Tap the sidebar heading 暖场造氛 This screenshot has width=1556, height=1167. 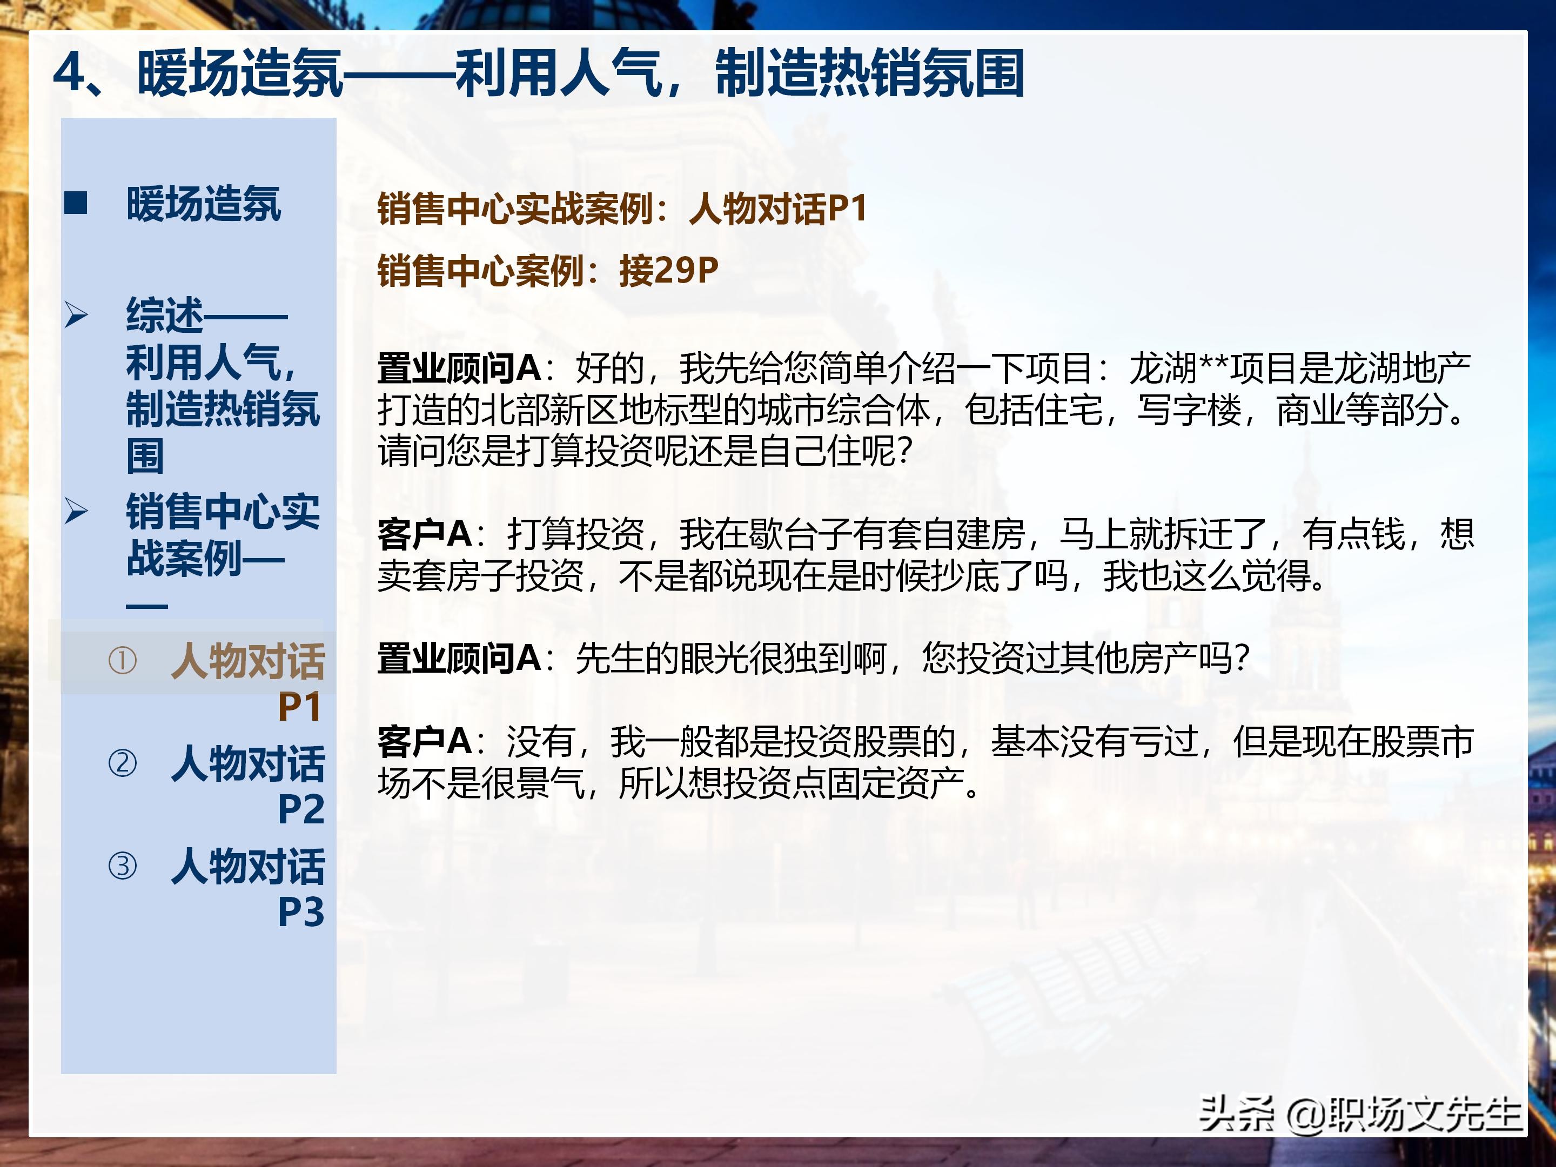(203, 205)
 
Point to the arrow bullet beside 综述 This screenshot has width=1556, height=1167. (76, 314)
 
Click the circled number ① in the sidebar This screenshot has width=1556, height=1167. (123, 661)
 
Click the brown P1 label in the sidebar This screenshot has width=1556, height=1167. (300, 707)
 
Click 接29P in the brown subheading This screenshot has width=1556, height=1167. (668, 271)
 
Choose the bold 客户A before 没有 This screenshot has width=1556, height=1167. (424, 741)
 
